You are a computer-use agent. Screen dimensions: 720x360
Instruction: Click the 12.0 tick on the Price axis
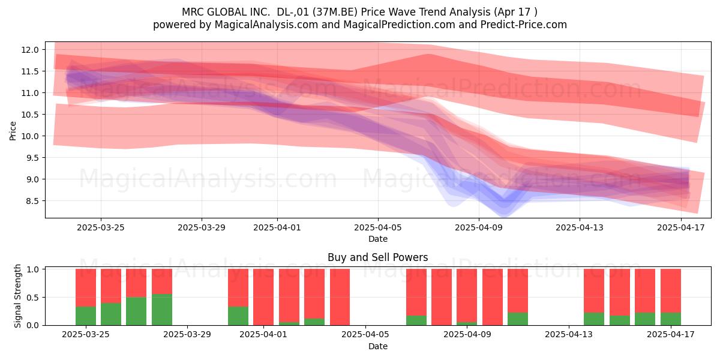pos(30,50)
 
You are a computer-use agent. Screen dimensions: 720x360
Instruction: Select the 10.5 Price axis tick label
pos(30,115)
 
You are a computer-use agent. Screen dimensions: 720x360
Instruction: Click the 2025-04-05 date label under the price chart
pos(378,227)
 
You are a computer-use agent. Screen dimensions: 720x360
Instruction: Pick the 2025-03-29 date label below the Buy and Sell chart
pos(187,334)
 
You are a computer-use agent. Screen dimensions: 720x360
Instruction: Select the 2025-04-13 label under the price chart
pos(580,227)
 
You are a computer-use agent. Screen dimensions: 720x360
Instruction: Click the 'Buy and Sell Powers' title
pos(377,257)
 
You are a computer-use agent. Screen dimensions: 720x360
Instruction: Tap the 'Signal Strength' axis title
pos(17,296)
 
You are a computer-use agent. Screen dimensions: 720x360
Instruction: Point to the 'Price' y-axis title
pos(13,131)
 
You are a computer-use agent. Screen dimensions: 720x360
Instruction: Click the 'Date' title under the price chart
pos(378,239)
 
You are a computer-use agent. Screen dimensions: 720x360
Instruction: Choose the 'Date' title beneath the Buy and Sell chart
pos(378,346)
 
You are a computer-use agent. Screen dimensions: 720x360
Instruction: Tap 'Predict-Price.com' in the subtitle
pos(524,25)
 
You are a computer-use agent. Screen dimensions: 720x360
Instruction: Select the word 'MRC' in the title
pos(193,12)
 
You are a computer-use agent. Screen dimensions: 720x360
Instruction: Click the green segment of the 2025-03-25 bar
pos(86,316)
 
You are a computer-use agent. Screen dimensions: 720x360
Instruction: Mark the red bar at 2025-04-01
pos(263,297)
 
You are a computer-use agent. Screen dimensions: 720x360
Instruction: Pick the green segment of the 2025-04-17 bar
pos(671,319)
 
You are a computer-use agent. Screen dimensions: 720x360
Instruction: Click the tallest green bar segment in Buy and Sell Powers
pos(162,310)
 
